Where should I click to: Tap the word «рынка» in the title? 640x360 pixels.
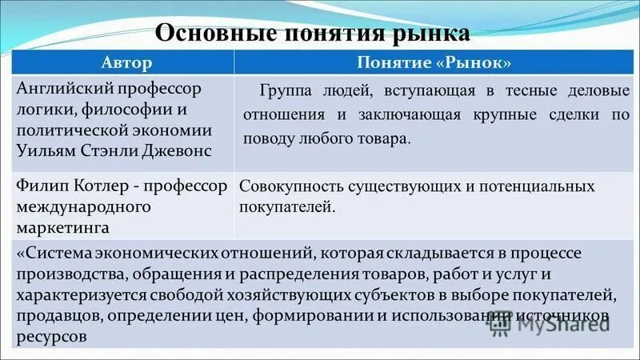tap(430, 34)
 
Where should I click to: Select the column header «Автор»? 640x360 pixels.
tap(125, 62)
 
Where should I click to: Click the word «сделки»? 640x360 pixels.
tap(576, 114)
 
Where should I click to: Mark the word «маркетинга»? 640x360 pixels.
tap(63, 228)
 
